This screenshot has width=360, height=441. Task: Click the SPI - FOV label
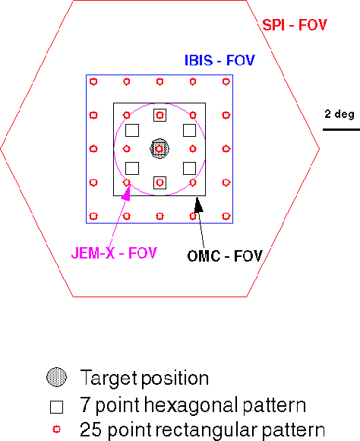[x=295, y=25]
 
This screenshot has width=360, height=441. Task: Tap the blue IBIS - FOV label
[x=219, y=60]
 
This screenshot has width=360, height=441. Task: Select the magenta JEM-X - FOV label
[x=114, y=253]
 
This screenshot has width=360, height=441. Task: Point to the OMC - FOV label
[x=225, y=256]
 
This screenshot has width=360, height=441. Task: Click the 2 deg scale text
[x=339, y=114]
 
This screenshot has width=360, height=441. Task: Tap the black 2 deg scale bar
[x=341, y=130]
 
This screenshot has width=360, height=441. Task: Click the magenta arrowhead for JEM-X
[x=127, y=193]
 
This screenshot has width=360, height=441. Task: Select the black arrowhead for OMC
[x=198, y=205]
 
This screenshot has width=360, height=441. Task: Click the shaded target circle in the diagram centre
[x=159, y=148]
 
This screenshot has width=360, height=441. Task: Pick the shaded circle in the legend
[x=56, y=377]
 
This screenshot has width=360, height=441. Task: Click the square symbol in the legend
[x=56, y=407]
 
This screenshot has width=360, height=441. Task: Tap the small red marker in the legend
[x=57, y=430]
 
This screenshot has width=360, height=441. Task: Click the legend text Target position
[x=144, y=379]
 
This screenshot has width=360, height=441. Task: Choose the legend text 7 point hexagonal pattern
[x=193, y=405]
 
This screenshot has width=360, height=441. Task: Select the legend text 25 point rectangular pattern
[x=202, y=430]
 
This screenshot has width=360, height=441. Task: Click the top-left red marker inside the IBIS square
[x=93, y=81]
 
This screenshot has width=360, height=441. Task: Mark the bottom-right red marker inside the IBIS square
[x=226, y=216]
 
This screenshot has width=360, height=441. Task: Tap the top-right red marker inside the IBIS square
[x=226, y=81]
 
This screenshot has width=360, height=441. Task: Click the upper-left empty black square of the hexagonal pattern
[x=132, y=131]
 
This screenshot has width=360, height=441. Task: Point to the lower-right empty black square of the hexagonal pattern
[x=189, y=168]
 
